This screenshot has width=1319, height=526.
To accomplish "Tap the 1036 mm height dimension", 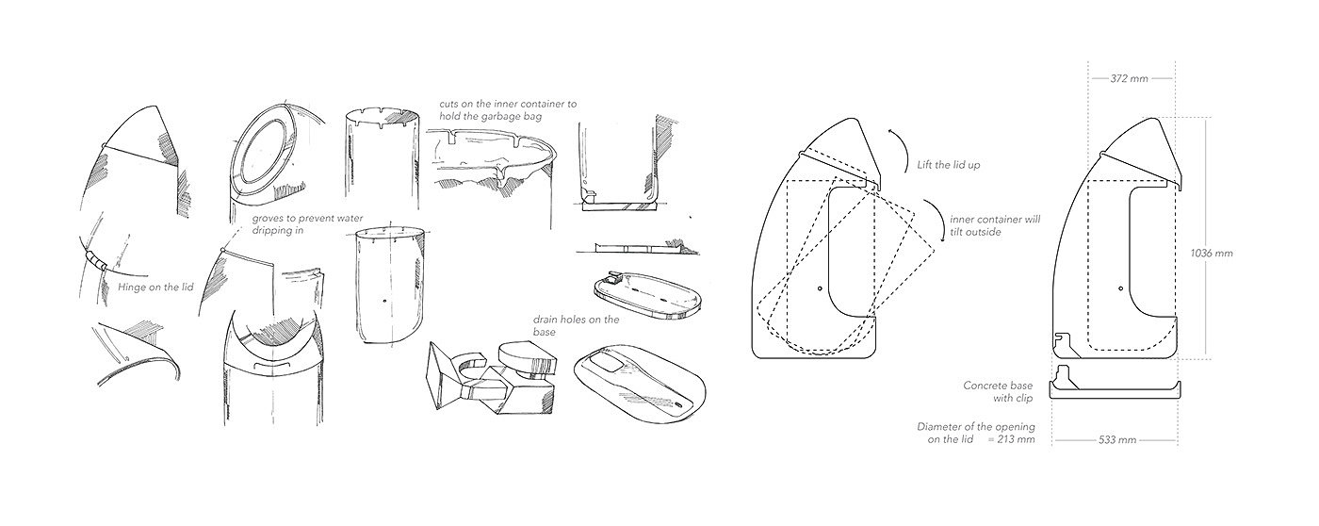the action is tap(1211, 253).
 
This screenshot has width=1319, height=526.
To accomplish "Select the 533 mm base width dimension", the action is tap(1117, 440).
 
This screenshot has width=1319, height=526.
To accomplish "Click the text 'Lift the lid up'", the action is tap(948, 164).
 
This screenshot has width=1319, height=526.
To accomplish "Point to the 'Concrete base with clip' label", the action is tap(998, 392).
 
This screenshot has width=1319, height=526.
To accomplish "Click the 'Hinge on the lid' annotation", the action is tap(155, 286).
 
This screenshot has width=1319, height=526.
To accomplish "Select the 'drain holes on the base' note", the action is tap(576, 326).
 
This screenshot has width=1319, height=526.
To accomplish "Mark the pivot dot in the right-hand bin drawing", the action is tap(1119, 287).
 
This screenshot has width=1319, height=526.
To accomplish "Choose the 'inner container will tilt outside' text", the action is tap(995, 225).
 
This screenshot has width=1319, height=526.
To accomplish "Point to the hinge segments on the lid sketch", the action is tap(95, 258).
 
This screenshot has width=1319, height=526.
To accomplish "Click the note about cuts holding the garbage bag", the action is tap(508, 108).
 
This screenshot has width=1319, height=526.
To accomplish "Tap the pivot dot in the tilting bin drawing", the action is tap(820, 287).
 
